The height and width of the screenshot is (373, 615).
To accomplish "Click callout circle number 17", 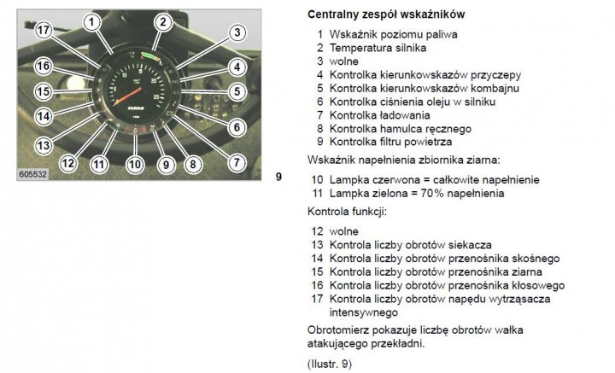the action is [44, 30].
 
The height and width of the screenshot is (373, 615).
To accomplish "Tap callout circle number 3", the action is [237, 32].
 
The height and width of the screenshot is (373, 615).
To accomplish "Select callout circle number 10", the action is [135, 164].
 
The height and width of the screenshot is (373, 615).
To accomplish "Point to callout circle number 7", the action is [237, 162].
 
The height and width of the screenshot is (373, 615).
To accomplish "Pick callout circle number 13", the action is [44, 146].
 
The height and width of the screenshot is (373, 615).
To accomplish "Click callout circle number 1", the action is [91, 22].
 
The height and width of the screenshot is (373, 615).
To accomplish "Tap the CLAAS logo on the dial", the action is [136, 108].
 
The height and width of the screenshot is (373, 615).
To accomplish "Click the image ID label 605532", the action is [33, 174].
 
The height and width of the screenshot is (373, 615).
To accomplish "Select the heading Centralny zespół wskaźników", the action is [386, 15].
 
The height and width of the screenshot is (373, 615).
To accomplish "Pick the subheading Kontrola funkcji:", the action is [347, 212].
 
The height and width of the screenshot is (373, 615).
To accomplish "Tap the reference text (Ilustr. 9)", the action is [330, 364].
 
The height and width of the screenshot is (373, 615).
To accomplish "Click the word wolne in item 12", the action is [344, 231].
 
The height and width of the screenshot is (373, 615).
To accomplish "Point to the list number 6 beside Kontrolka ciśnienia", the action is [320, 102].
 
